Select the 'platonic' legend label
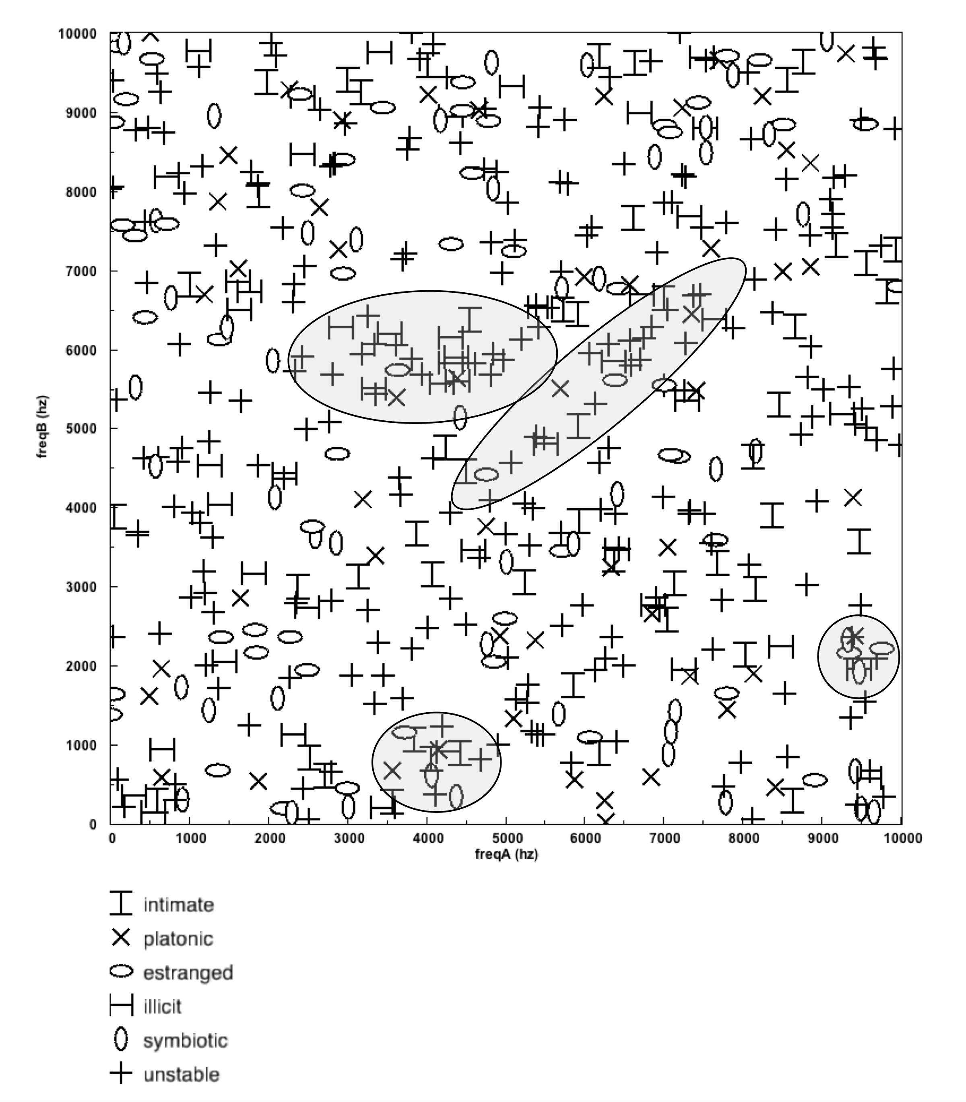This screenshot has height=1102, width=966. (x=178, y=939)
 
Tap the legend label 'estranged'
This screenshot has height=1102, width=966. (x=188, y=973)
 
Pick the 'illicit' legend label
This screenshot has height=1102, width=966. (x=162, y=1007)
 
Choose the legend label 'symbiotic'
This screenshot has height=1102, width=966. (x=185, y=1040)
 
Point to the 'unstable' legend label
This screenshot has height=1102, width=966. (x=181, y=1075)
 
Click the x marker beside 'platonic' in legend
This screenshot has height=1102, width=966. (x=121, y=938)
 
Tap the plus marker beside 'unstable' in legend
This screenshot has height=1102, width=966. (x=121, y=1073)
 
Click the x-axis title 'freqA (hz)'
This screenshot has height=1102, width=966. (x=506, y=854)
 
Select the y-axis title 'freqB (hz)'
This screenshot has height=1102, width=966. (x=43, y=427)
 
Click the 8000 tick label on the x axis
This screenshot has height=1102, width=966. (x=744, y=838)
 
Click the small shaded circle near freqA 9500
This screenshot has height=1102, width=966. (x=858, y=656)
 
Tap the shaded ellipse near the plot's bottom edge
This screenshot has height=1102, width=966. (x=437, y=761)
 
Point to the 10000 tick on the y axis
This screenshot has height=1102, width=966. (x=78, y=34)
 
